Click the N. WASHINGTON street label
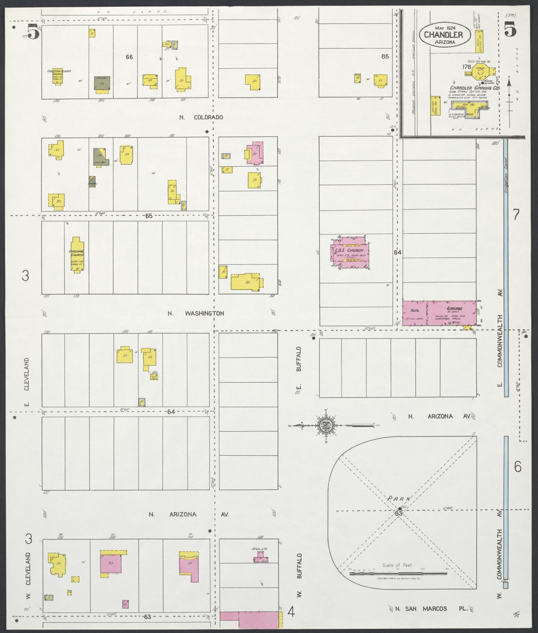[x=196, y=314]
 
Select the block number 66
[x=129, y=57]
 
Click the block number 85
[x=385, y=57]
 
